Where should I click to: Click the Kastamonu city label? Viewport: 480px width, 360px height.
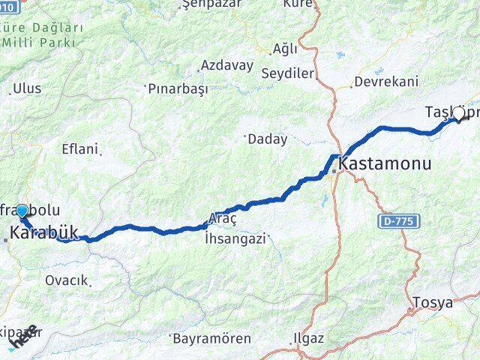[x=385, y=163]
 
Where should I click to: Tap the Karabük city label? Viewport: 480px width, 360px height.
[x=44, y=233]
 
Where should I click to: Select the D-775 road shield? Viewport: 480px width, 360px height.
[x=400, y=221]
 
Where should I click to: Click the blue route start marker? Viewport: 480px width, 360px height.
[x=22, y=211]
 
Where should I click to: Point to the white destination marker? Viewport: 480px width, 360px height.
[x=458, y=113]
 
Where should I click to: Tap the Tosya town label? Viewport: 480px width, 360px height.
[x=433, y=303]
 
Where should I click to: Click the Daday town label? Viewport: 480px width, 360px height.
[x=268, y=139]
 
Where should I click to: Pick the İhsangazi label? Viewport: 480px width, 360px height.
[x=235, y=238]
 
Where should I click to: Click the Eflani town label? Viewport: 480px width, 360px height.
[x=80, y=148]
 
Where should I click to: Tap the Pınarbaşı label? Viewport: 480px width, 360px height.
[x=177, y=88]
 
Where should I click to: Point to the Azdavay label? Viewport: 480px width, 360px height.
[x=227, y=65]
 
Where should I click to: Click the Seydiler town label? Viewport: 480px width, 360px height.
[x=287, y=73]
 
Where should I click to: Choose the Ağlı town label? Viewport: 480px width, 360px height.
[x=285, y=49]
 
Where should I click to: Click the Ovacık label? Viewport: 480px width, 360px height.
[x=67, y=280]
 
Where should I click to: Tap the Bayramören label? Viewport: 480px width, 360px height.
[x=212, y=338]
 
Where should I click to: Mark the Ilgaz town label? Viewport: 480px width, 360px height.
[x=309, y=338]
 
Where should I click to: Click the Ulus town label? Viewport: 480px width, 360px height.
[x=27, y=88]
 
